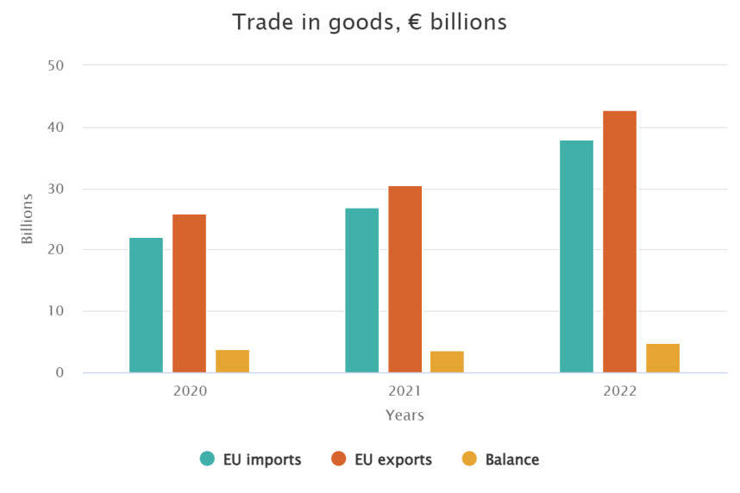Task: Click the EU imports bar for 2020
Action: pos(146,305)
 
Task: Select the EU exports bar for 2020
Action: pos(189,293)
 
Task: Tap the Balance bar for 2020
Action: pos(232,361)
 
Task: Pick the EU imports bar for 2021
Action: pos(361,290)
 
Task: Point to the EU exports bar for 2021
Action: pos(404,279)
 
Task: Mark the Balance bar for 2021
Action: pos(447,362)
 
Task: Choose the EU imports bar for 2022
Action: pos(576,256)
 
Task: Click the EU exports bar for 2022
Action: pos(619,241)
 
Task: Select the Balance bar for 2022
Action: pos(662,359)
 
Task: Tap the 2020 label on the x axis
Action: pos(190,391)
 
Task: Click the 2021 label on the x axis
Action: pos(404,391)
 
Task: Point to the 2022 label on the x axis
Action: pos(619,391)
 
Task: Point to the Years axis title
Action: pos(404,415)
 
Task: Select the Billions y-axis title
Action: pos(28,219)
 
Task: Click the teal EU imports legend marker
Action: pos(207,459)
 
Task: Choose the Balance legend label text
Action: pos(512,459)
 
